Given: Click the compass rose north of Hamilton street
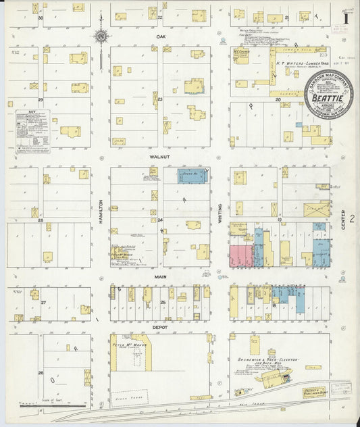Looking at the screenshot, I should (x=101, y=36).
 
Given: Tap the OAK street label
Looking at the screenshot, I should (x=161, y=36).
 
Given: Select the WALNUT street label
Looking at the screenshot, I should (x=159, y=156).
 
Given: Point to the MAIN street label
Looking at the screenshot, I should (x=159, y=276).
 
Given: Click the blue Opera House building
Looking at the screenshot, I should (x=192, y=176).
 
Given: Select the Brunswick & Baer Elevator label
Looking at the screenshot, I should (x=265, y=360).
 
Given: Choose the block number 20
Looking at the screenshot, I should (x=278, y=99).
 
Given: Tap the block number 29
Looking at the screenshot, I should (x=41, y=100).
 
